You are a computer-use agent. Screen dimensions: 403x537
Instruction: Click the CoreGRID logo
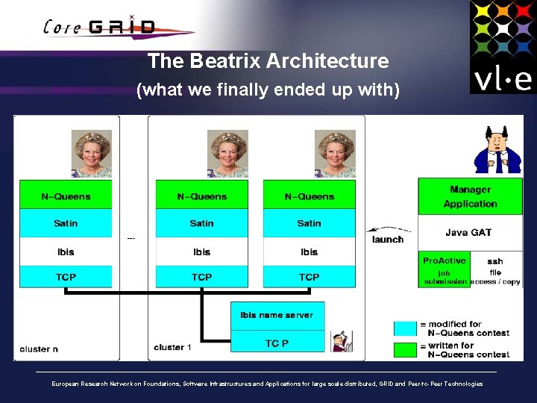101,27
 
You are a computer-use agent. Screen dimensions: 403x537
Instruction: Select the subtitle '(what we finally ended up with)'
268,90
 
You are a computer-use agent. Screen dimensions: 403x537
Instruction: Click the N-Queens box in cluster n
66,196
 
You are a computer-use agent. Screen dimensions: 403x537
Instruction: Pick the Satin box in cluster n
66,223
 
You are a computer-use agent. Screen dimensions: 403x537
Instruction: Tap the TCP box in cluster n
66,277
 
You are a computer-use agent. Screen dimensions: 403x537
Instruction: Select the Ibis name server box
277,315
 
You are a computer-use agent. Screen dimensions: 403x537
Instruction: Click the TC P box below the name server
277,343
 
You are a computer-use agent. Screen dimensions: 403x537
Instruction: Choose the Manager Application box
470,196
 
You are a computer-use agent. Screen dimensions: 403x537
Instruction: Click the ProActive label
444,261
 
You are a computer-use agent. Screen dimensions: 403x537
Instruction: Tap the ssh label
495,261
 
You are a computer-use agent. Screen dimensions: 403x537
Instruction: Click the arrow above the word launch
386,229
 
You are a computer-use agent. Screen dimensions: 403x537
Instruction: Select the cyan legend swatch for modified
405,328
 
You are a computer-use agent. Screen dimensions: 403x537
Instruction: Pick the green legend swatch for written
405,349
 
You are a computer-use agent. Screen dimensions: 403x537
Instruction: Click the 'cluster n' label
40,349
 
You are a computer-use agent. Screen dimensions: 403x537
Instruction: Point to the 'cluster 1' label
172,347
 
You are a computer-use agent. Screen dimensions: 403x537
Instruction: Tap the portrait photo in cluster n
91,154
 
